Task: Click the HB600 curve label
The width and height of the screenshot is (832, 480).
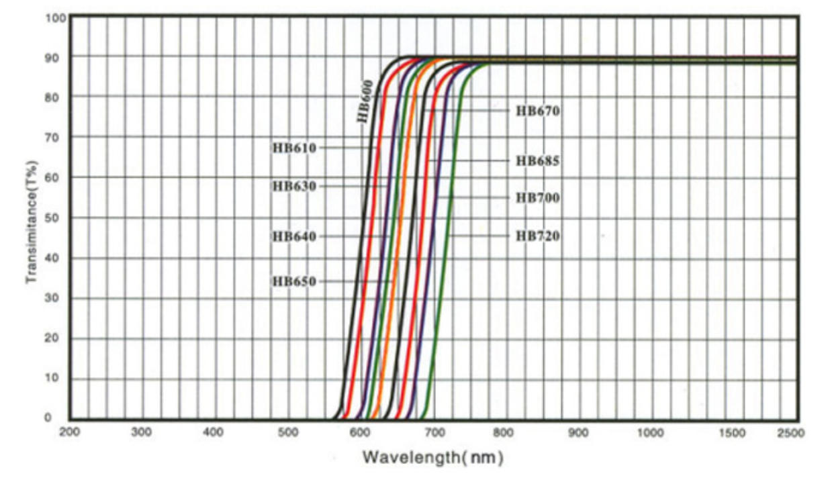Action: point(364,101)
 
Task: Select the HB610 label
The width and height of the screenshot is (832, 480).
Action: point(294,148)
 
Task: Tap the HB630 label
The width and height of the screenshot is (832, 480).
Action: point(294,186)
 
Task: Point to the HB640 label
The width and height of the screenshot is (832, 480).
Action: point(294,236)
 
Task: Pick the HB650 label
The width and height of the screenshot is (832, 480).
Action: point(294,281)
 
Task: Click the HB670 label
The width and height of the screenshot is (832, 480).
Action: point(537,111)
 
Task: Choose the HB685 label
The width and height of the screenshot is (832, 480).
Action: point(537,161)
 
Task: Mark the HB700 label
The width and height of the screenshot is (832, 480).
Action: point(537,198)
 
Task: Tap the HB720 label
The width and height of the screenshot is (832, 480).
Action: point(537,236)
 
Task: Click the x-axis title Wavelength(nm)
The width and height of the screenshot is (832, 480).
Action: point(433,458)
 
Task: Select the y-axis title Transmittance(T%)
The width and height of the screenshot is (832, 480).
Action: point(31,221)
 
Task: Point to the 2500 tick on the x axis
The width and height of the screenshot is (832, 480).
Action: point(790,433)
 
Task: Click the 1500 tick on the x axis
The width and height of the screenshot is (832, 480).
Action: point(732,433)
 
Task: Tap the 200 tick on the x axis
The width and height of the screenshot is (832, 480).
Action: point(70,433)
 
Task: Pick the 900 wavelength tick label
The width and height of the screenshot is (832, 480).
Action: point(578,433)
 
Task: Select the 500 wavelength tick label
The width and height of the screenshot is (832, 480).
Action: point(287,433)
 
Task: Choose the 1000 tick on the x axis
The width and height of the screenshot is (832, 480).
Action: point(650,433)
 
